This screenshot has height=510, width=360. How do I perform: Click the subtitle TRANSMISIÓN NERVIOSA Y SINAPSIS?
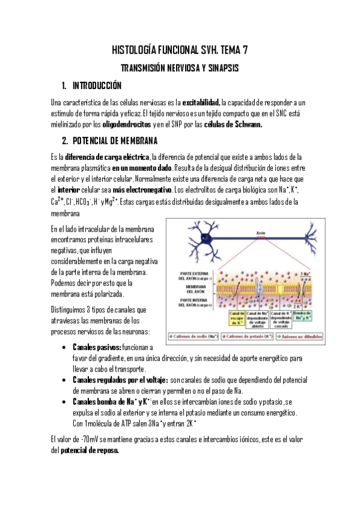(180, 69)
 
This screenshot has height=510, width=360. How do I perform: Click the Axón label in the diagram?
(260, 232)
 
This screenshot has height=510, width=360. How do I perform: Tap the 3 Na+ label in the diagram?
(305, 274)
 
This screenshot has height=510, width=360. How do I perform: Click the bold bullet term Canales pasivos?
(96, 348)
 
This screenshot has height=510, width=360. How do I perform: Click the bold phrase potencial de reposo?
(90, 450)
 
